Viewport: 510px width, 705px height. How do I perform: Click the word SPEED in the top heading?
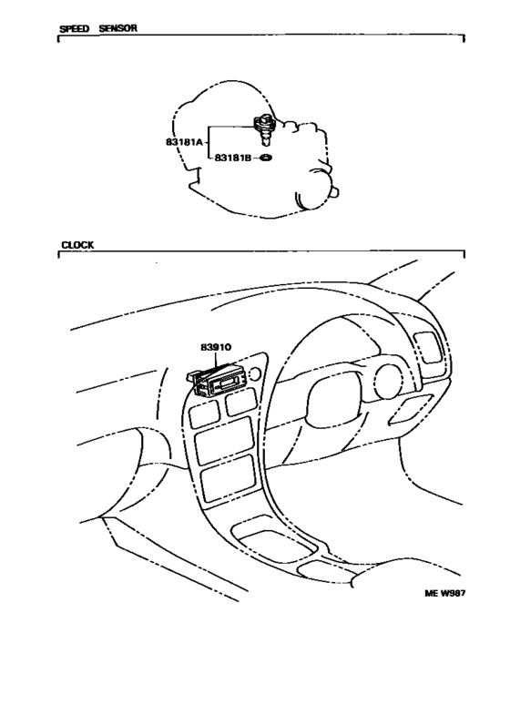click(74, 29)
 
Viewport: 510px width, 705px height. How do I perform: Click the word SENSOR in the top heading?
click(117, 28)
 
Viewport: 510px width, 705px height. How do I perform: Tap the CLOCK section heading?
click(77, 245)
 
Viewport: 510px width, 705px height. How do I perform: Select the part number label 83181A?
click(184, 142)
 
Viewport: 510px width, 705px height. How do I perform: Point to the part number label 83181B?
click(232, 158)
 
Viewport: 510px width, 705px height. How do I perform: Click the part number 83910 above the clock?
click(216, 347)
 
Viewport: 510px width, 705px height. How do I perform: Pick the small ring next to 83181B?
click(266, 158)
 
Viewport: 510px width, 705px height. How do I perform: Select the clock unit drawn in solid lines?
click(216, 381)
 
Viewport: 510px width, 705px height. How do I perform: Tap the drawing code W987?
click(453, 594)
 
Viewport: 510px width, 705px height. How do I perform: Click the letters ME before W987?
click(431, 594)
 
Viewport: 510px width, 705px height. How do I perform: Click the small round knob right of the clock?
click(254, 373)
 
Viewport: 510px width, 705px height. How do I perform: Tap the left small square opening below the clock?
click(204, 414)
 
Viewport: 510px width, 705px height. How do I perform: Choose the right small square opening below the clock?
click(241, 402)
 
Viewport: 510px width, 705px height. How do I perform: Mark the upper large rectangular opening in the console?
click(224, 440)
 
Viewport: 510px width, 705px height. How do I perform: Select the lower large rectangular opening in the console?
click(228, 478)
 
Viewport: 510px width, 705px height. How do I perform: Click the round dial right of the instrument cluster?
click(389, 382)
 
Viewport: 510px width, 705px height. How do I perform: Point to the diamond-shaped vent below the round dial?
click(411, 410)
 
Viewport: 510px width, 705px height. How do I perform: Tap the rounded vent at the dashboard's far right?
click(429, 347)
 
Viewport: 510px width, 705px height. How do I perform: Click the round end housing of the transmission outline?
click(317, 191)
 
